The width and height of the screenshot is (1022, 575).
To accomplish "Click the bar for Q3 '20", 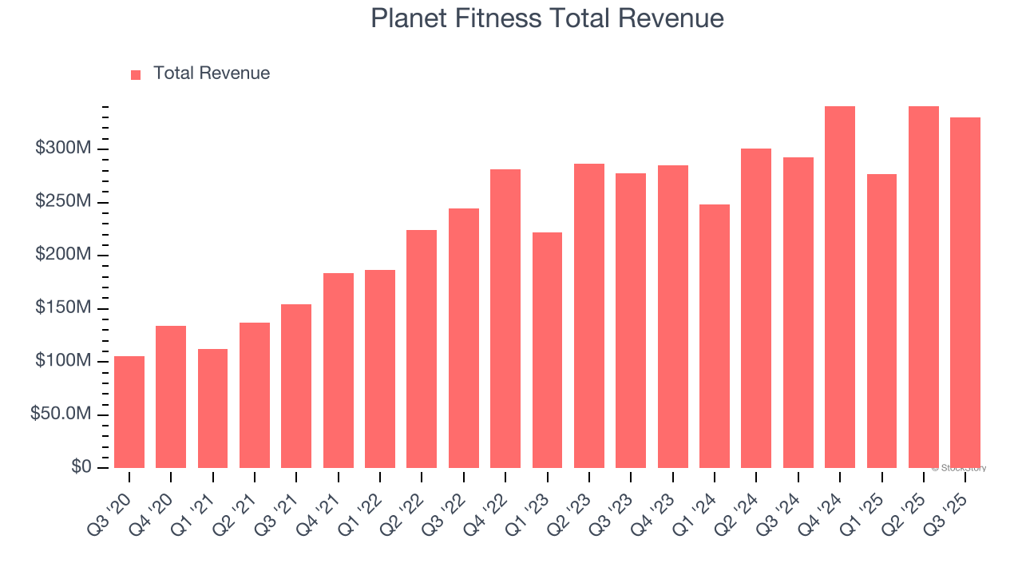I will click(129, 412).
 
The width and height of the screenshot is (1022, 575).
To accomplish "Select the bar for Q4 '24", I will click(840, 287).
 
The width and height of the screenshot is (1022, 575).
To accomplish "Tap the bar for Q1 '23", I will click(547, 350).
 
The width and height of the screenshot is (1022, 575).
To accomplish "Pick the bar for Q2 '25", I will click(924, 287).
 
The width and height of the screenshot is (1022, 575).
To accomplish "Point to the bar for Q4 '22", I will click(505, 319).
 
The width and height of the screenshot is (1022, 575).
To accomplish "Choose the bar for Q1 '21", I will click(212, 408).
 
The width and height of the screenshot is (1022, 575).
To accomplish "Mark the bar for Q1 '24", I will click(715, 336).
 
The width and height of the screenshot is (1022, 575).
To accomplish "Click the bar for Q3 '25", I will click(965, 292).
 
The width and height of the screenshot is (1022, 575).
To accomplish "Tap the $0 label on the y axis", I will click(81, 467).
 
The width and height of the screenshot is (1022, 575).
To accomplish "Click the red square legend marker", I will click(136, 74).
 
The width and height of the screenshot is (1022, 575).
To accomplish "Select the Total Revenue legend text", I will click(212, 73).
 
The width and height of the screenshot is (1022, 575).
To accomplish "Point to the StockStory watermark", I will click(959, 468).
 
